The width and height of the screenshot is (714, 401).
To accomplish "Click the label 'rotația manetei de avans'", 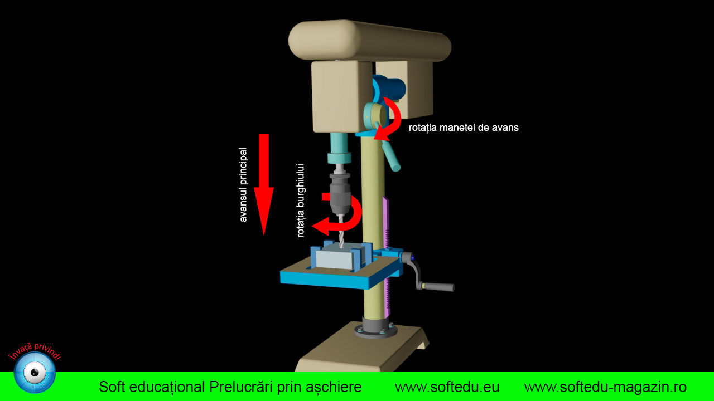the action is [x=464, y=128].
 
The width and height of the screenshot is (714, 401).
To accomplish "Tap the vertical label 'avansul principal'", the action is [x=243, y=185].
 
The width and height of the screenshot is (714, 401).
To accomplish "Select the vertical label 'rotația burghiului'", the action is [x=301, y=201].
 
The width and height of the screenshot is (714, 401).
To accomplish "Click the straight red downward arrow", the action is [x=264, y=184].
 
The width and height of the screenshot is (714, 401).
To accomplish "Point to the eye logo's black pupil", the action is [x=35, y=373].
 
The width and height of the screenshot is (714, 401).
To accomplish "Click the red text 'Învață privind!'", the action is [x=35, y=351].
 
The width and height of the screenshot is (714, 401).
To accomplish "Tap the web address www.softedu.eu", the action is [x=447, y=387].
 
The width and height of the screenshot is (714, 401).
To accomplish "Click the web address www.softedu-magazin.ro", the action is [x=605, y=387].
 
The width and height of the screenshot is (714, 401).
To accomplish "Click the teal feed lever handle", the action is [x=391, y=156].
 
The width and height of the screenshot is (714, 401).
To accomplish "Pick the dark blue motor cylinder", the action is [x=389, y=89].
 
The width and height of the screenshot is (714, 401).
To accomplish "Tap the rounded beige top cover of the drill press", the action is [x=370, y=41].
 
